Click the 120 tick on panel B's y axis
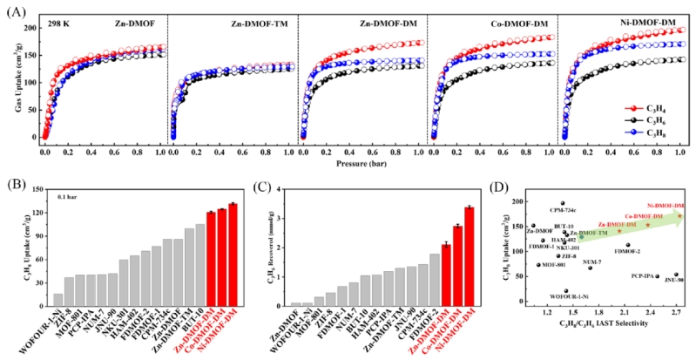(x=43, y=212)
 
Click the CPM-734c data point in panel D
(x=563, y=202)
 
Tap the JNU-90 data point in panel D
(x=676, y=274)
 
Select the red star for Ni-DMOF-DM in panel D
(x=679, y=215)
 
